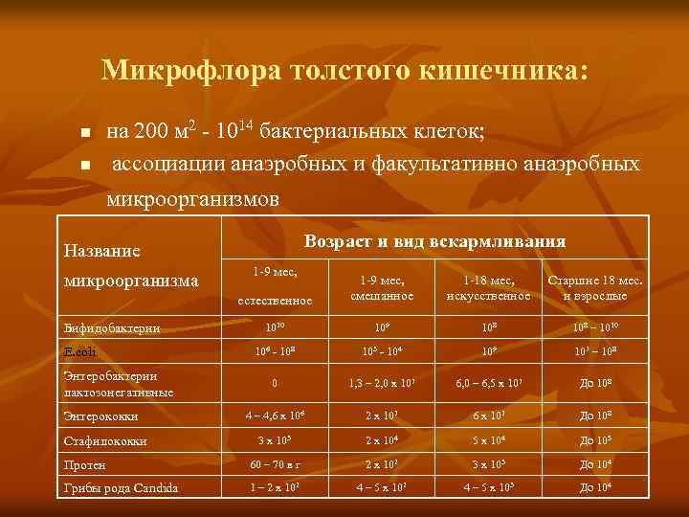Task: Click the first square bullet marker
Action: pos(85,131)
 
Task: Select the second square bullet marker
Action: pos(85,167)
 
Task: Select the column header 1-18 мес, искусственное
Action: pos(488,288)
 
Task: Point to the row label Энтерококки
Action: pos(100,416)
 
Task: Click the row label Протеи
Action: pos(84,465)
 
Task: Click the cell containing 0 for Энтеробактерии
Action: pos(275,384)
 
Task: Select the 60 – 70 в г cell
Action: pos(275,464)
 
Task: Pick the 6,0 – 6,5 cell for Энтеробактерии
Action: pos(488,384)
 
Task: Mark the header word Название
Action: pos(101,251)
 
